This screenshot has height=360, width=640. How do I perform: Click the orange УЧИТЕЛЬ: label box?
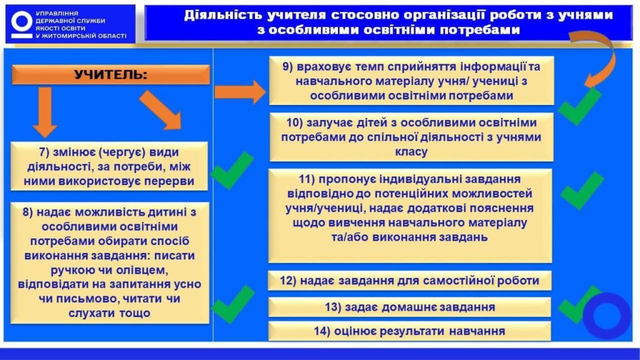(111, 76)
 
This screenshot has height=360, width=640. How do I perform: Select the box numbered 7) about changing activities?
(110, 166)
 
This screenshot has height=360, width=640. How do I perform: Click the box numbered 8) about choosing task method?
(110, 262)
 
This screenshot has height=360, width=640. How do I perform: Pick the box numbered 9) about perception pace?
(411, 81)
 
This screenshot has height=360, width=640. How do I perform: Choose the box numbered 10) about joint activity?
(411, 136)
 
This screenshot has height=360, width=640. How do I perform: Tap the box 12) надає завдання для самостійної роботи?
(410, 281)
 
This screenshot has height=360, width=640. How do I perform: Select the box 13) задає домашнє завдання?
(410, 307)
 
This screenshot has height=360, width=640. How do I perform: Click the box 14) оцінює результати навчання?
(410, 331)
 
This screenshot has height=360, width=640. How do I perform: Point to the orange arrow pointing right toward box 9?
(239, 92)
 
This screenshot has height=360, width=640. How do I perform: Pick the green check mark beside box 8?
(232, 304)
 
